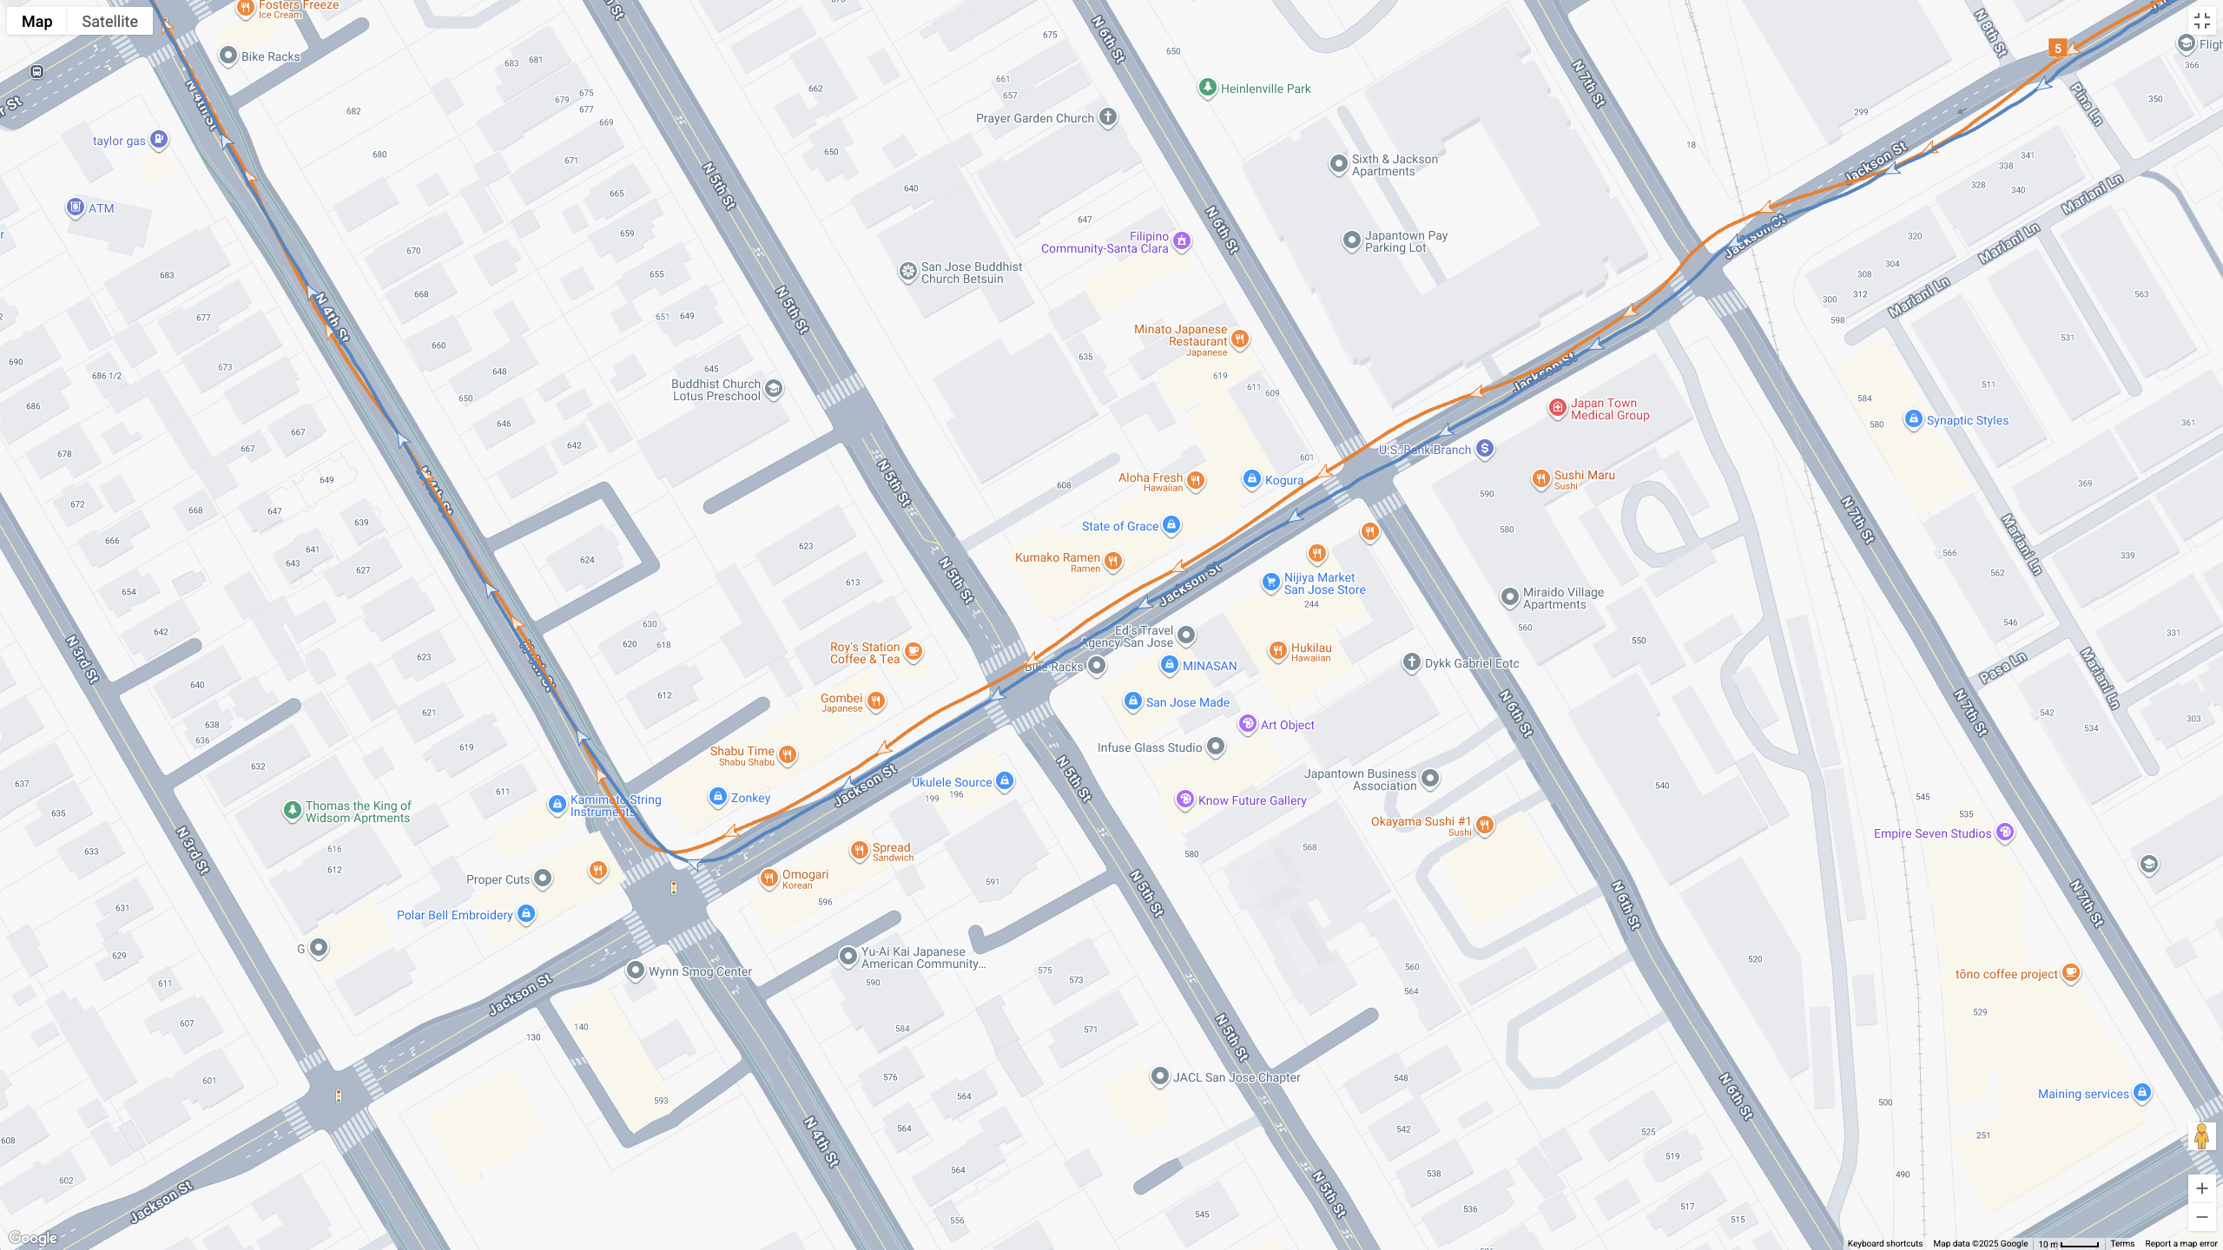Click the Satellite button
[x=109, y=21]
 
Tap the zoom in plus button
[x=2201, y=1188]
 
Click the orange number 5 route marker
[x=2057, y=48]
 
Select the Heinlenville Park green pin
[x=1207, y=88]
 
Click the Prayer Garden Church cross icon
[x=1107, y=117]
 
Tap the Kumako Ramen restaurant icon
[x=1113, y=562]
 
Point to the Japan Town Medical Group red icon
[x=1558, y=408]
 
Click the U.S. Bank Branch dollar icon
[x=1485, y=449]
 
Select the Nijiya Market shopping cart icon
[x=1270, y=582]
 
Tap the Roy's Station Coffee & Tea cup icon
[x=913, y=651]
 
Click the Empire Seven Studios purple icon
[x=2004, y=832]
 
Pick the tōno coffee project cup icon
[x=2070, y=972]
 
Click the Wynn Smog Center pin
[x=636, y=970]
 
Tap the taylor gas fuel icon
[x=158, y=139]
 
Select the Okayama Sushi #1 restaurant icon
[x=1485, y=825]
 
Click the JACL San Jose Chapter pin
[x=1159, y=1076]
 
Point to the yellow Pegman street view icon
[x=2201, y=1135]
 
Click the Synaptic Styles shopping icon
[x=1913, y=419]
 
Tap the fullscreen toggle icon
[x=2201, y=21]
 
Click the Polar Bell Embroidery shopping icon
[x=525, y=913]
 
